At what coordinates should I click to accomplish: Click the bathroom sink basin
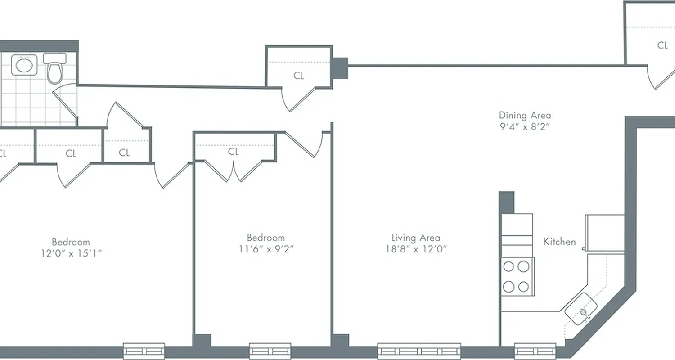pyautogui.click(x=23, y=66)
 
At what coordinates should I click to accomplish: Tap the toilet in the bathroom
pyautogui.click(x=54, y=69)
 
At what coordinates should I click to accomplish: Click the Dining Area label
pyautogui.click(x=525, y=115)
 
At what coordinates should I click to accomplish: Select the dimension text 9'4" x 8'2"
pyautogui.click(x=525, y=126)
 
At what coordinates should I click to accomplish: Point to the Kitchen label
pyautogui.click(x=559, y=242)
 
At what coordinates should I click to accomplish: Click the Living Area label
pyautogui.click(x=415, y=238)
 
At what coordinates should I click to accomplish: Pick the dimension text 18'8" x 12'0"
pyautogui.click(x=415, y=249)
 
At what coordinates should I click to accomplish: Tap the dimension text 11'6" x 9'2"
pyautogui.click(x=265, y=249)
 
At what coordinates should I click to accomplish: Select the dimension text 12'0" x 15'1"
pyautogui.click(x=71, y=253)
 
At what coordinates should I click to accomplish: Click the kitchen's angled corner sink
pyautogui.click(x=581, y=309)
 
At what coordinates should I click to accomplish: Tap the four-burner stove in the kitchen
pyautogui.click(x=516, y=276)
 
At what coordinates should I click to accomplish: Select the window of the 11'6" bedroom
pyautogui.click(x=270, y=351)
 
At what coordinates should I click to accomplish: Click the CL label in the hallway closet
pyautogui.click(x=298, y=76)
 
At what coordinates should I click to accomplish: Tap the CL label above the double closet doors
pyautogui.click(x=233, y=152)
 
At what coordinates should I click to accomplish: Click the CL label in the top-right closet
pyautogui.click(x=662, y=45)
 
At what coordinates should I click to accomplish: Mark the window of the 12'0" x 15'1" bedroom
pyautogui.click(x=144, y=351)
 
